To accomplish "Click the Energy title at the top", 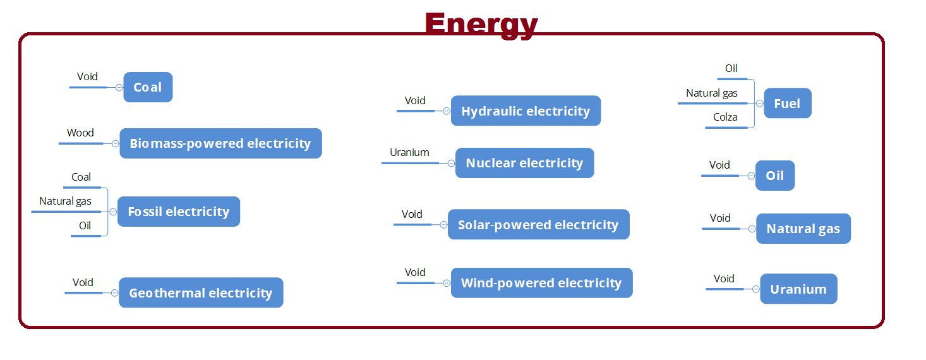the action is pyautogui.click(x=481, y=24).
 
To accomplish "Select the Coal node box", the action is pyautogui.click(x=148, y=87).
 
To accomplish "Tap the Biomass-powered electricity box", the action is pyautogui.click(x=220, y=143).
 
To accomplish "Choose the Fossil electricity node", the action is pyautogui.click(x=179, y=212).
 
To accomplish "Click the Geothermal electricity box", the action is pyautogui.click(x=201, y=292).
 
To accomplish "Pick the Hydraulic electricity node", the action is pyautogui.click(x=526, y=111).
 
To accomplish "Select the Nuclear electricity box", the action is pyautogui.click(x=524, y=163).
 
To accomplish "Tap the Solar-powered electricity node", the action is pyautogui.click(x=538, y=224).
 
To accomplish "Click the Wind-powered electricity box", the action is pyautogui.click(x=541, y=283).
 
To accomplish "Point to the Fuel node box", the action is pyautogui.click(x=787, y=103).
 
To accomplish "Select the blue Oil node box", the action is pyautogui.click(x=775, y=176).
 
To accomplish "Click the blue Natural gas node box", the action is pyautogui.click(x=803, y=229).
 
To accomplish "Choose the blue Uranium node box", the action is pyautogui.click(x=798, y=289).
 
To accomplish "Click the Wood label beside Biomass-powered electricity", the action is pyautogui.click(x=80, y=133).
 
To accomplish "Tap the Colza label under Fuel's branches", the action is pyautogui.click(x=725, y=117).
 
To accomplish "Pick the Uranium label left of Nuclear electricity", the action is pyautogui.click(x=409, y=152).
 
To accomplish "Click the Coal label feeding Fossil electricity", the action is pyautogui.click(x=81, y=177).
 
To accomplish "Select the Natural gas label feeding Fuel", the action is pyautogui.click(x=712, y=93).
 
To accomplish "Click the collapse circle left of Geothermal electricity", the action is pyautogui.click(x=114, y=293).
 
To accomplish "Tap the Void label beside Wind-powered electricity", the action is pyautogui.click(x=415, y=272).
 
